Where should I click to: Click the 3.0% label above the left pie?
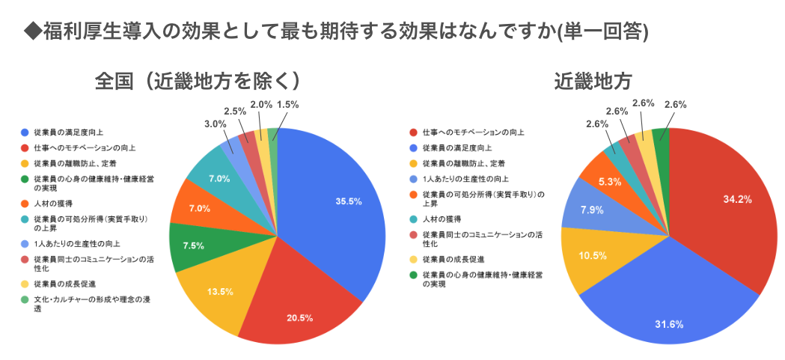pos(216,123)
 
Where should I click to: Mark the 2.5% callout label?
pos(235,111)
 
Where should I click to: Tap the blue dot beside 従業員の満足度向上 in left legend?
pos(26,132)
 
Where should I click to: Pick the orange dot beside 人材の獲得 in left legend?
pos(26,203)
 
